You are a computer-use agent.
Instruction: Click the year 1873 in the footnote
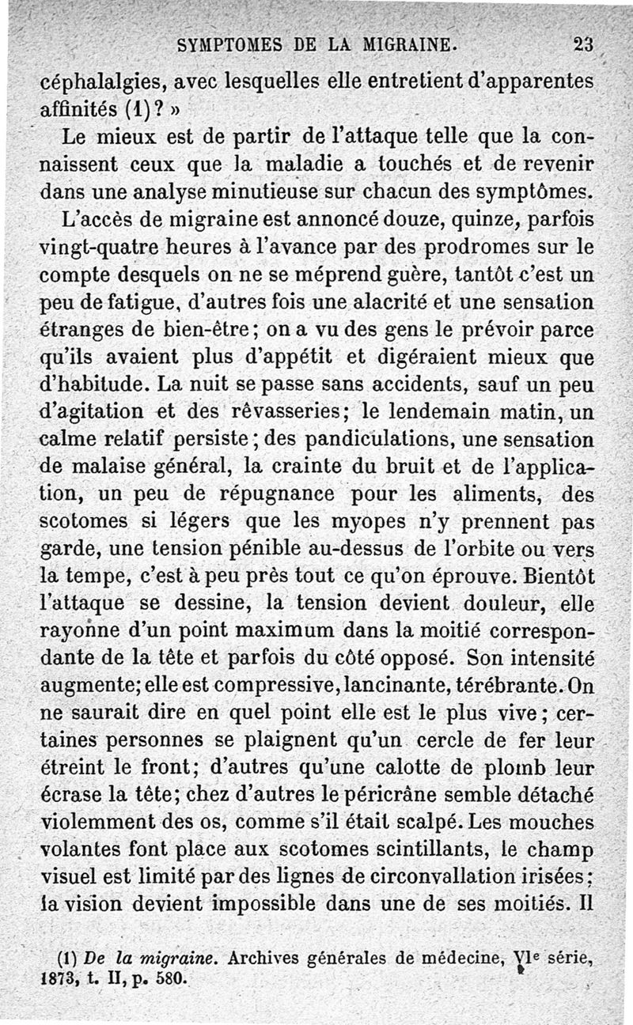57,978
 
